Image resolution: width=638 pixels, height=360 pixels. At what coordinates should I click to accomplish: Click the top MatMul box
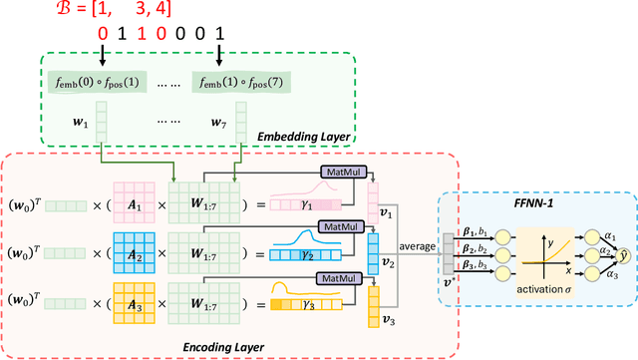tap(340, 173)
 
